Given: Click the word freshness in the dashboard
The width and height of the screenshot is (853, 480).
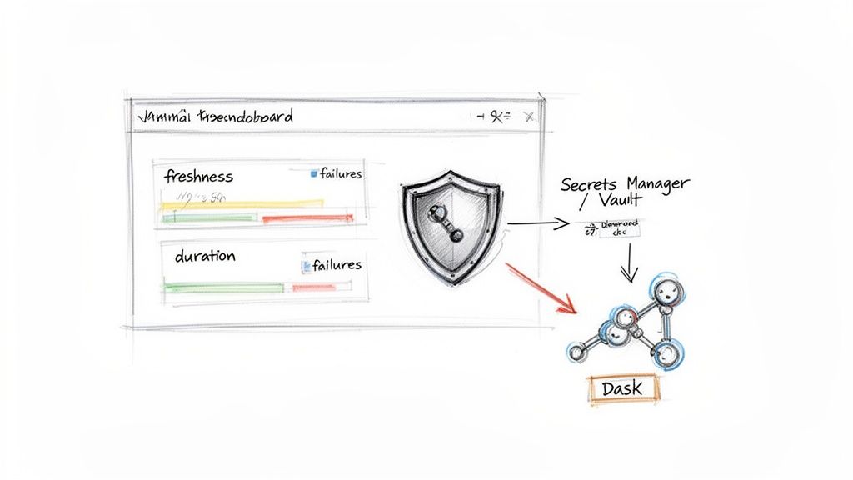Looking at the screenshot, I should pyautogui.click(x=198, y=177).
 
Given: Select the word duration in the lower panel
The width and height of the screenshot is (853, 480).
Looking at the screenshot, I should pyautogui.click(x=204, y=256).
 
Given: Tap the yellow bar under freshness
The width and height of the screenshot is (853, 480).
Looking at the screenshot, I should pyautogui.click(x=242, y=202).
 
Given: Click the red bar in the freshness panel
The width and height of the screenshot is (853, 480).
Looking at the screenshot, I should pyautogui.click(x=307, y=218).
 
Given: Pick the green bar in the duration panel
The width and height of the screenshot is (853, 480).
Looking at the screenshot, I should pyautogui.click(x=223, y=287).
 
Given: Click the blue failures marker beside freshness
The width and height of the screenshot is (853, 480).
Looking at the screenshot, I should pyautogui.click(x=314, y=174).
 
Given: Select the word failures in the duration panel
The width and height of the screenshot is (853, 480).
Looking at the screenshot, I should pyautogui.click(x=337, y=264).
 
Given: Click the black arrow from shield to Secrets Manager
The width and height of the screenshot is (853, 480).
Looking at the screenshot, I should pyautogui.click(x=537, y=223).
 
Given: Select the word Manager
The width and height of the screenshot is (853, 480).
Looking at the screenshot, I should pyautogui.click(x=657, y=182).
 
